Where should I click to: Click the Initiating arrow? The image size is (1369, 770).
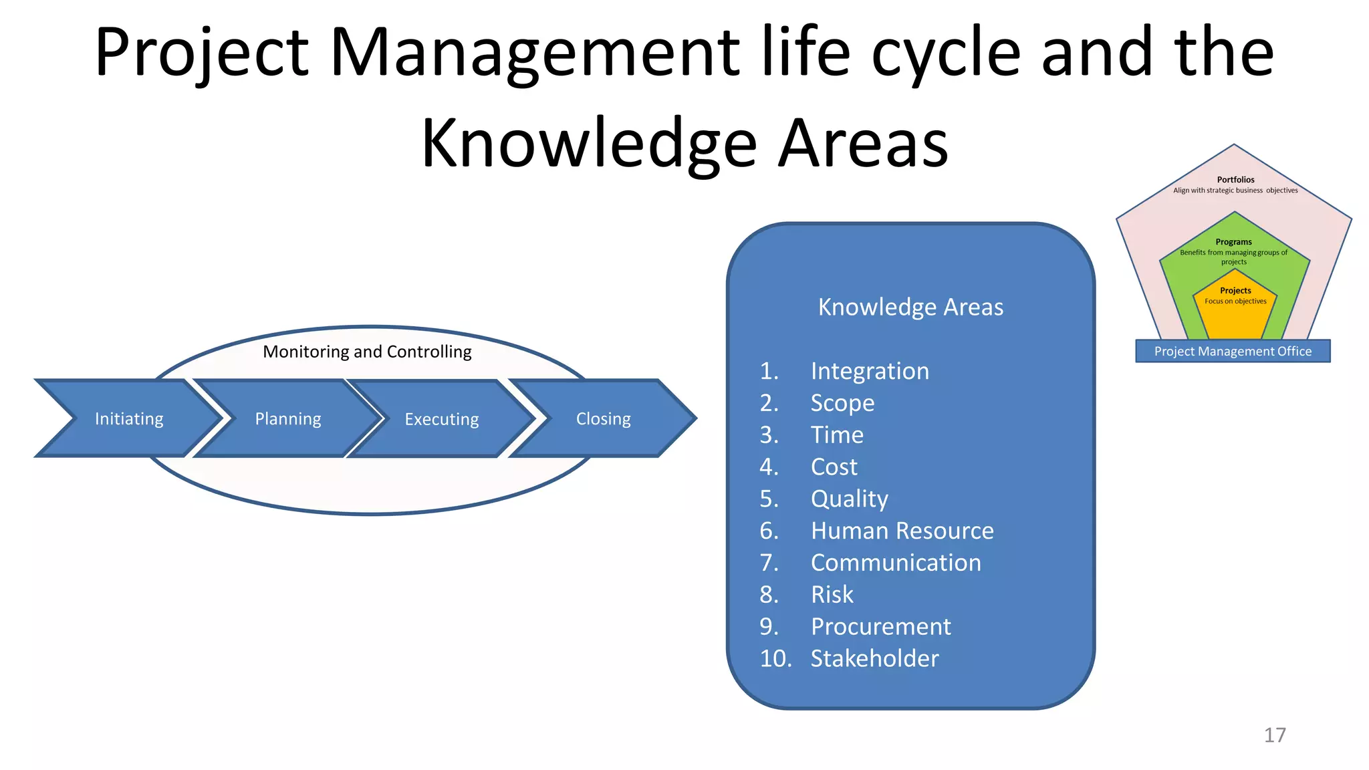[x=128, y=418]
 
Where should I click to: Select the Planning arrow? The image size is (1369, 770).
[x=287, y=418]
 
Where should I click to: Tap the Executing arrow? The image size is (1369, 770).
[x=441, y=419]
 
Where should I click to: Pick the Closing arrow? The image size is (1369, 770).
[x=603, y=418]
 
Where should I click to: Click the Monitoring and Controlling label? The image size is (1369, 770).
[x=367, y=352]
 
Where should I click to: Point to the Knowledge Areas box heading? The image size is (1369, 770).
[x=910, y=307]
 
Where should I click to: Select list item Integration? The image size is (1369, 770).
[x=870, y=371]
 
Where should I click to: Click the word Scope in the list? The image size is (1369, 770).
[x=842, y=403]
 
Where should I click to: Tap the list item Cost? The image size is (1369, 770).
[x=834, y=467]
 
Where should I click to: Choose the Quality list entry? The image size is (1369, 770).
[x=850, y=499]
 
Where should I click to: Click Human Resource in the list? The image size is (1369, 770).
[x=902, y=531]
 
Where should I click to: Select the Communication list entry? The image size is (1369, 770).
[x=896, y=563]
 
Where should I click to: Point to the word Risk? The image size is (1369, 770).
[x=832, y=594]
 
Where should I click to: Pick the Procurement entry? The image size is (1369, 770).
[x=880, y=626]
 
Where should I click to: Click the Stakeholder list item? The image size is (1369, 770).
[x=874, y=658]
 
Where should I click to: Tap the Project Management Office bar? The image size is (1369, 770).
[x=1233, y=351]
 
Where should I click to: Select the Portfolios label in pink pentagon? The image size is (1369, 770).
[x=1235, y=180]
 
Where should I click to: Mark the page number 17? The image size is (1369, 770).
[x=1275, y=735]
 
